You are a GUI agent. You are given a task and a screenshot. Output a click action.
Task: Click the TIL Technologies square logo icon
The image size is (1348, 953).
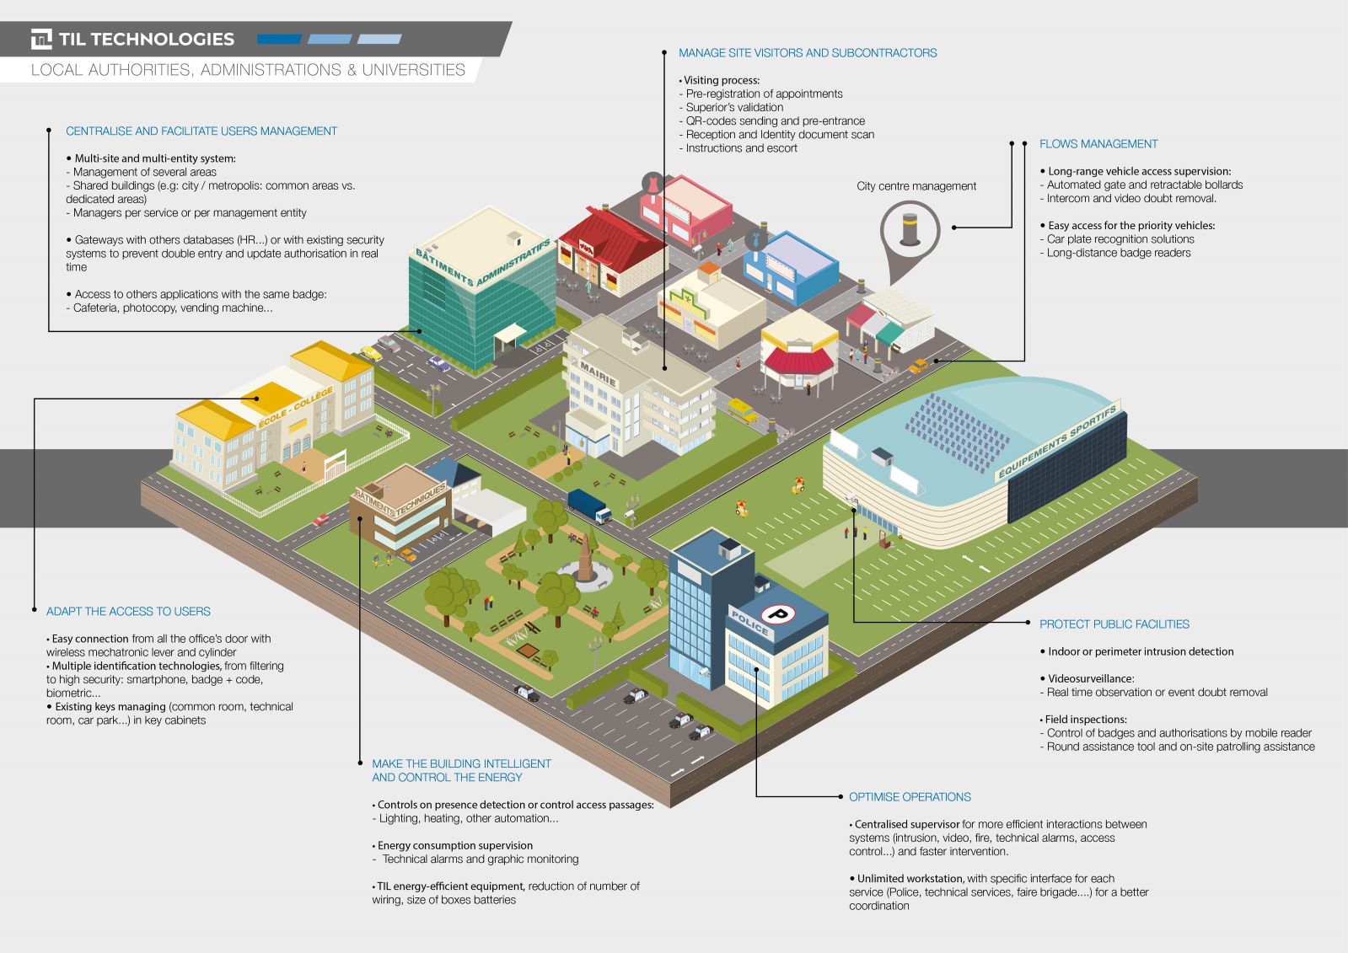(41, 39)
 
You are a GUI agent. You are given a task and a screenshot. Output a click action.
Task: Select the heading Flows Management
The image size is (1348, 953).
(1098, 144)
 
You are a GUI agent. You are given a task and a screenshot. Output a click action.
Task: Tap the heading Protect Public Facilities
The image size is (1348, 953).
(1114, 624)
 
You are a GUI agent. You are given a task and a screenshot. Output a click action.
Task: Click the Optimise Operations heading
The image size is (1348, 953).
(910, 796)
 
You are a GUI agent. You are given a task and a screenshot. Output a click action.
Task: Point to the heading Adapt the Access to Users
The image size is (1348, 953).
(128, 611)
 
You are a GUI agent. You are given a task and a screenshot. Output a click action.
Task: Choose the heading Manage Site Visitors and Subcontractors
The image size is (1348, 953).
(808, 53)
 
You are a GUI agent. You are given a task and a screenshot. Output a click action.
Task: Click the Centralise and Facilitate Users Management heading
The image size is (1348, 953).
(201, 131)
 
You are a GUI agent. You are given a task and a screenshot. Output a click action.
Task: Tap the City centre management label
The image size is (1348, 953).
(916, 186)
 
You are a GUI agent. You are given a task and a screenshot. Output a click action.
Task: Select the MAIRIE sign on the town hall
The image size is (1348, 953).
(598, 373)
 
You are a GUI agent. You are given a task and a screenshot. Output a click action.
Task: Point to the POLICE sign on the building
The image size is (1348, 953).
(749, 622)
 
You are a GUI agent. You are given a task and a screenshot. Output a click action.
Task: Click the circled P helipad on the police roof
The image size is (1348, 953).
(778, 613)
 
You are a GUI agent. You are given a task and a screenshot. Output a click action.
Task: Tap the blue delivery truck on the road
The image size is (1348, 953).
(589, 506)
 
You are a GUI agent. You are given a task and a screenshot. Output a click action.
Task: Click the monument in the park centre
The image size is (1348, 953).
(584, 559)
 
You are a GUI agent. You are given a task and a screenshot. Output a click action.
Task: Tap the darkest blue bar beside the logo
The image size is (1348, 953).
(279, 39)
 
